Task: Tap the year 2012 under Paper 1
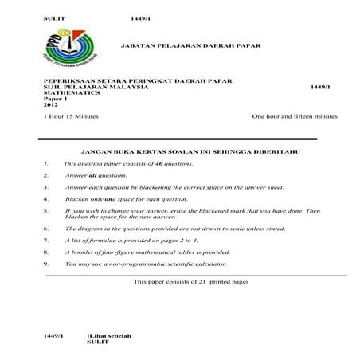(50, 104)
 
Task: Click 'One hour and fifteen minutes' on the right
(294, 116)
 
